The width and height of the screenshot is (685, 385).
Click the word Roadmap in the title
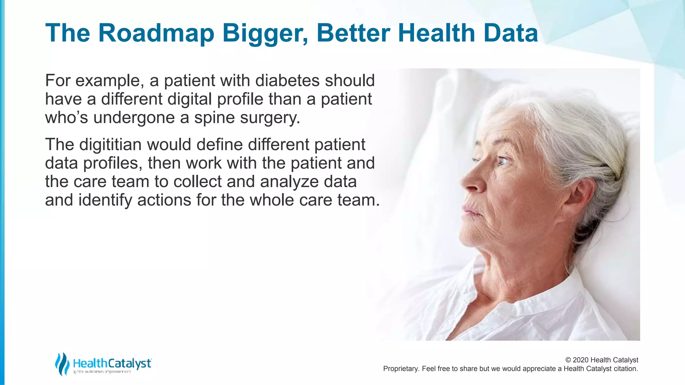[156, 33]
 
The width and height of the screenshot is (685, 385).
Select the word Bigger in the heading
[265, 33]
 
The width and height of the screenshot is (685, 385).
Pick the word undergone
[134, 118]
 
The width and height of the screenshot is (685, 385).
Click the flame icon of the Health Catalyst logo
[62, 364]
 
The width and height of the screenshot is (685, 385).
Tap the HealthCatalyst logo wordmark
[112, 363]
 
